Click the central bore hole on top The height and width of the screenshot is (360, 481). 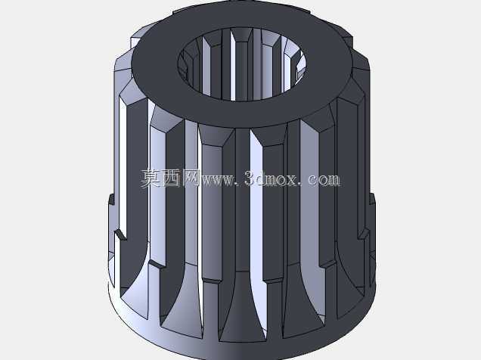(242, 64)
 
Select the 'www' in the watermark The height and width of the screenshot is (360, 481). (217, 180)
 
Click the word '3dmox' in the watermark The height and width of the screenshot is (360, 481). (271, 178)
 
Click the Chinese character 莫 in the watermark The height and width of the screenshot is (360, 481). (151, 178)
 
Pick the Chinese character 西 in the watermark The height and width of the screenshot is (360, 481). (171, 178)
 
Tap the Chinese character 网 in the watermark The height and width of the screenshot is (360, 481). (191, 178)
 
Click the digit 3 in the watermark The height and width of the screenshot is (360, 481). (250, 178)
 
